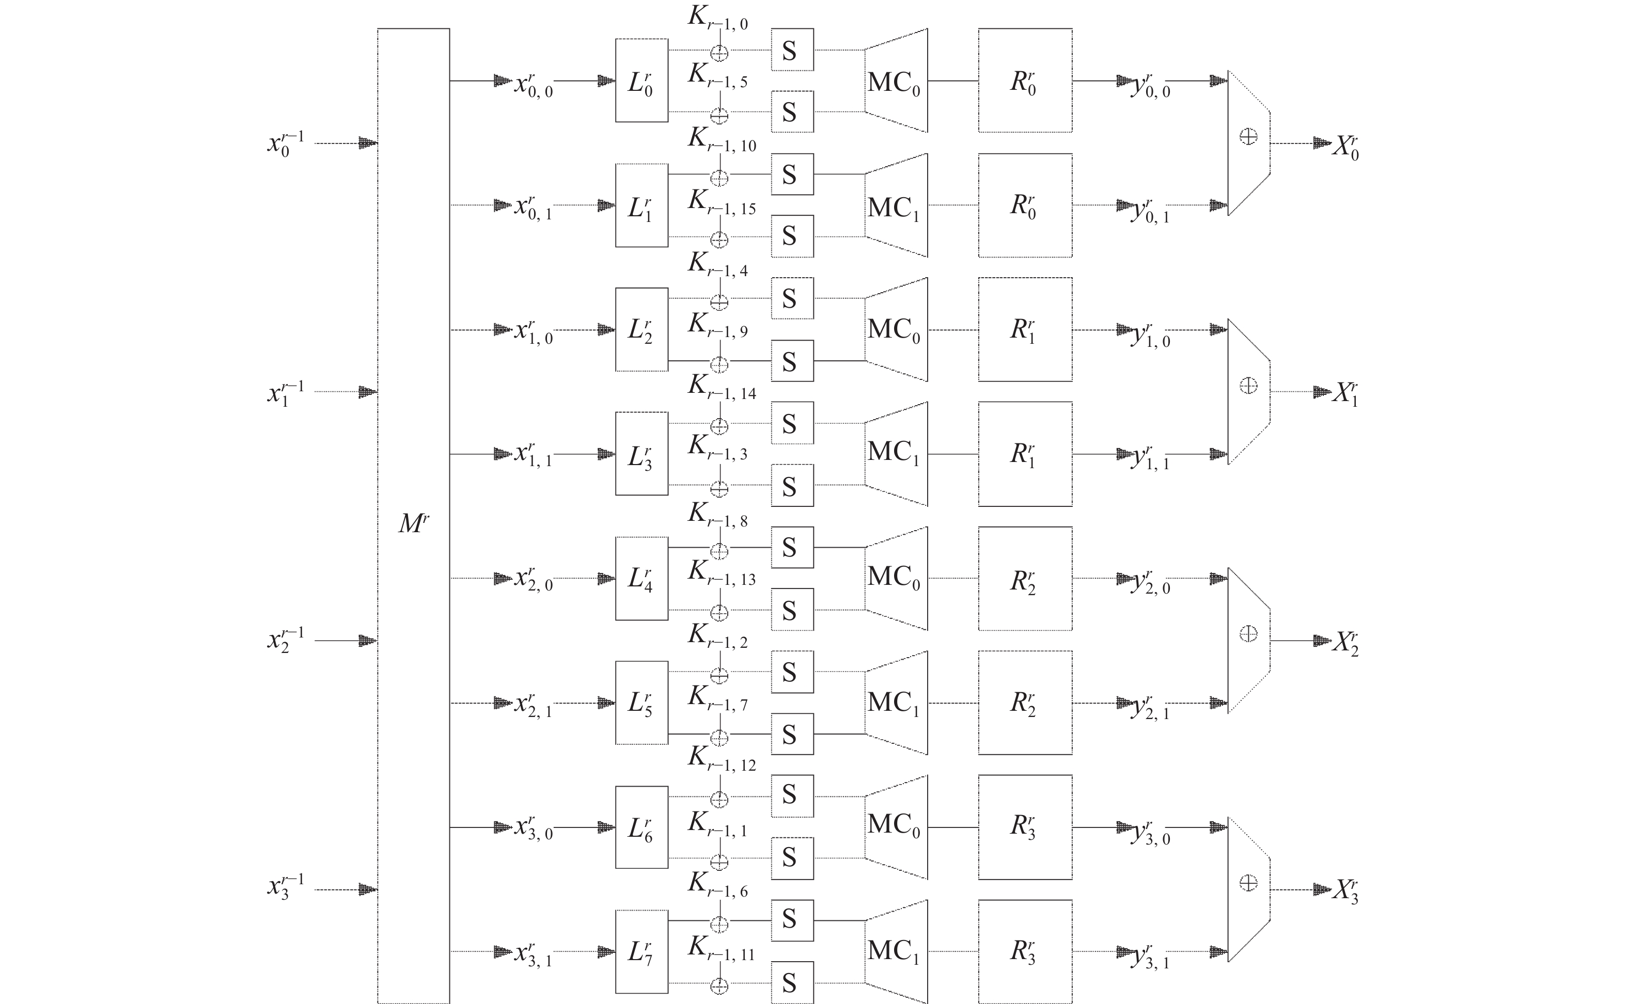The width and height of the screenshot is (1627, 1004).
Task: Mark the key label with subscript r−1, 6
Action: pyautogui.click(x=717, y=886)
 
